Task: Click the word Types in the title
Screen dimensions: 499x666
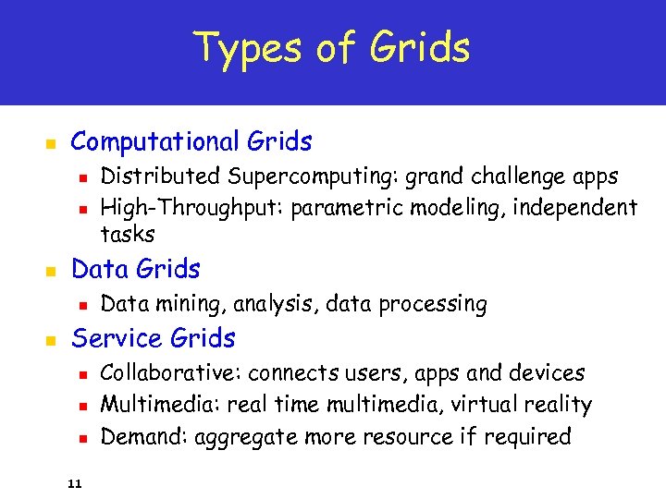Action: tap(243, 48)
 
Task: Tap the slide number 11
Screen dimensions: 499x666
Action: tap(75, 482)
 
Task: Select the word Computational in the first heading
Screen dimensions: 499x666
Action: tap(155, 142)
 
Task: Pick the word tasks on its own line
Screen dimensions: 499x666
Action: tap(127, 235)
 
